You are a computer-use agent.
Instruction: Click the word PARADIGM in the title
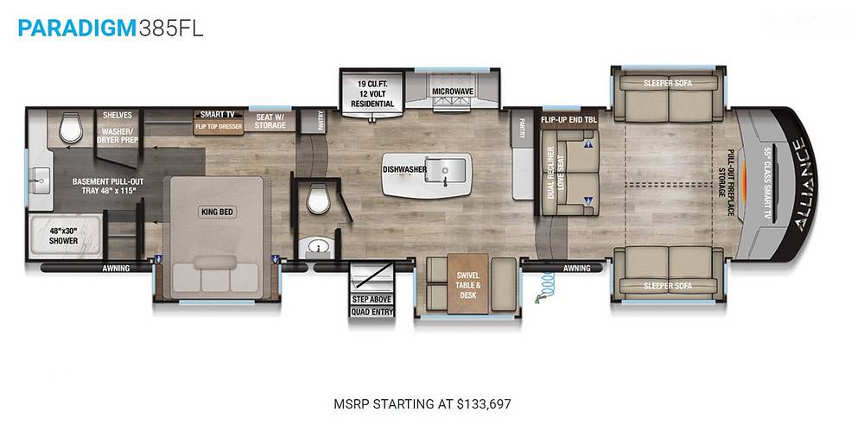(77, 28)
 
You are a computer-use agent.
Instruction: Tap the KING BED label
(218, 211)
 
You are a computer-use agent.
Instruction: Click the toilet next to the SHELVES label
(71, 127)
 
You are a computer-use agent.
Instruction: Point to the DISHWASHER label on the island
(405, 169)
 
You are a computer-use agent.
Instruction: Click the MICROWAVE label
(453, 91)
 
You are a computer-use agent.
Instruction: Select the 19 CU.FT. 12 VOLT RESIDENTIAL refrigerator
(372, 93)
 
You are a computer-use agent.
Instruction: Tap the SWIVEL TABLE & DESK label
(468, 285)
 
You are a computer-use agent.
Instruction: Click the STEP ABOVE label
(372, 299)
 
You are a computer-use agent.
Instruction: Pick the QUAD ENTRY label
(372, 312)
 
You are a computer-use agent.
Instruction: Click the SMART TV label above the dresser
(218, 115)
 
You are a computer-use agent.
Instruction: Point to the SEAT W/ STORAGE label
(270, 121)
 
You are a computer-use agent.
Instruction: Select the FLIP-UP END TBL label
(569, 119)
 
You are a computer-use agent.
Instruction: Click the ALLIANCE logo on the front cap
(803, 184)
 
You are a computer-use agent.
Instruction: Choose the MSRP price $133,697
(484, 404)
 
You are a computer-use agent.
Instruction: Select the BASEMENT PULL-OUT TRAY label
(105, 186)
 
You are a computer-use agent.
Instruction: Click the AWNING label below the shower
(116, 269)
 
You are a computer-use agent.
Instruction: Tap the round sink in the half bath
(317, 246)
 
